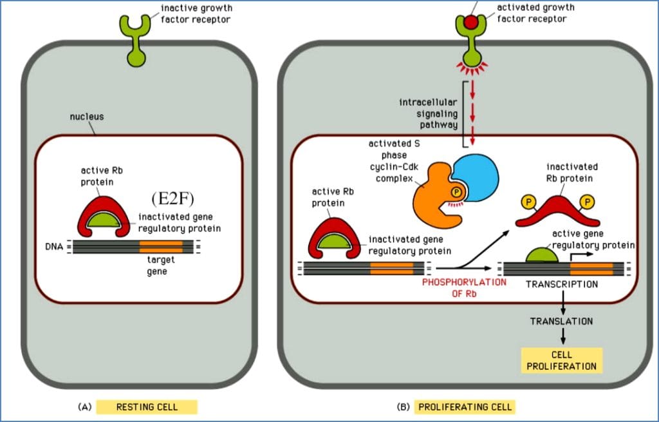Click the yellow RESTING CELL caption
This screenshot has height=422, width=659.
147,407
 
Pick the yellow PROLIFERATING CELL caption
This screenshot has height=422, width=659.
465,407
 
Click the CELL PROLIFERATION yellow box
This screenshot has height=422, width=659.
561,361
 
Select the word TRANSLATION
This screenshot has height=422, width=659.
561,321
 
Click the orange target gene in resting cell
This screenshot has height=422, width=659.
161,246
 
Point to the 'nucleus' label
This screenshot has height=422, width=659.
87,117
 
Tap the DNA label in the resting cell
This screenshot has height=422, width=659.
53,246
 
